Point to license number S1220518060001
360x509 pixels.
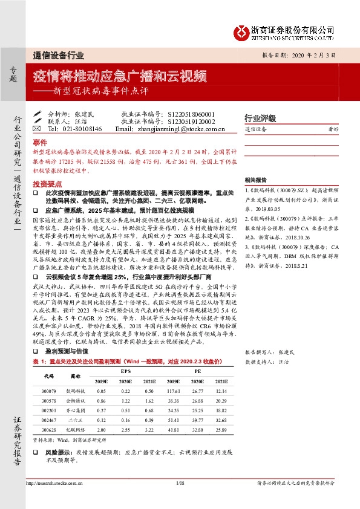click(191, 114)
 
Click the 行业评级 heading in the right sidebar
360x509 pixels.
click(260, 118)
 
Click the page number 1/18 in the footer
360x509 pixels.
click(180, 483)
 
